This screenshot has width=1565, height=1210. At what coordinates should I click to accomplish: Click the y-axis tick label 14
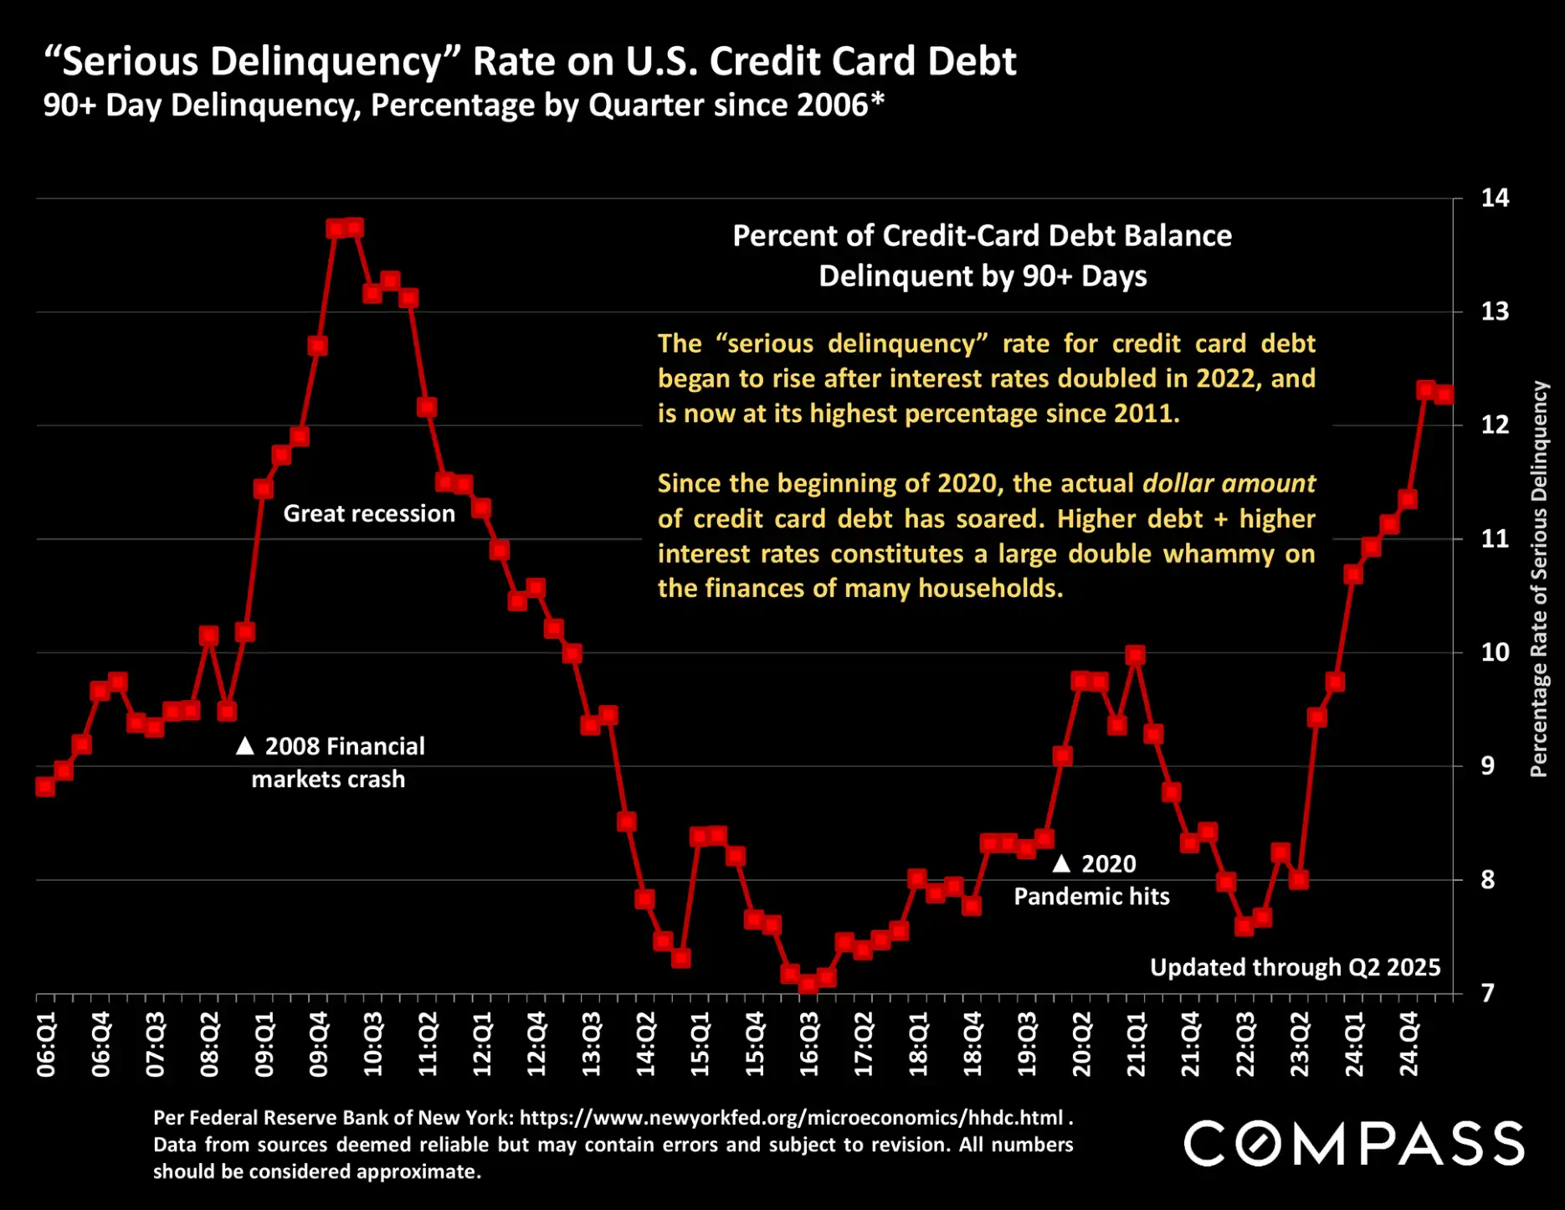pos(1495,198)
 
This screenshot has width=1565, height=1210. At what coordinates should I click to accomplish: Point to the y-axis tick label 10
pos(1495,652)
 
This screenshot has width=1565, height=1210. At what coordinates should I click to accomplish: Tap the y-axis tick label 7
pos(1487,993)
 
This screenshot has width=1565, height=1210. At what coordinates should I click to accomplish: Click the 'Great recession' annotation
pos(369,513)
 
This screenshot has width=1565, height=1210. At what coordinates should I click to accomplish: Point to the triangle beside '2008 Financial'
pos(244,745)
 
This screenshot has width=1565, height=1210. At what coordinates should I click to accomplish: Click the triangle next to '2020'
pos(1061,863)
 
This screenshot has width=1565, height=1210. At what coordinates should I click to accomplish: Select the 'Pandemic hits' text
pos(1091,897)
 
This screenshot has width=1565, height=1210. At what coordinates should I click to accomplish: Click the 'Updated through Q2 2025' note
pos(1295,967)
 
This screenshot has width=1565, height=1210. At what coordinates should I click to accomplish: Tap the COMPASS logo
pos(1353,1144)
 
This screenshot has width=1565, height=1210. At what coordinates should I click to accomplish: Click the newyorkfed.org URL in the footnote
pos(791,1118)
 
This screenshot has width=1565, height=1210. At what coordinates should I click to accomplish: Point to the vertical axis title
pos(1538,579)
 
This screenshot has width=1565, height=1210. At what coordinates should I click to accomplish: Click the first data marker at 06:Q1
pos(45,786)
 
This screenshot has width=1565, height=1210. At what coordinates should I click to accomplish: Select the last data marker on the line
pos(1444,394)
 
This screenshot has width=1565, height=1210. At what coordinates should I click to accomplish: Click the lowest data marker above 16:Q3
pos(808,983)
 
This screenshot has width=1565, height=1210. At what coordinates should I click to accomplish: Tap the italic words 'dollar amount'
pos(1229,483)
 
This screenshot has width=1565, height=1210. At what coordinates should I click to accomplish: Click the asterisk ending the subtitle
pos(877,102)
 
